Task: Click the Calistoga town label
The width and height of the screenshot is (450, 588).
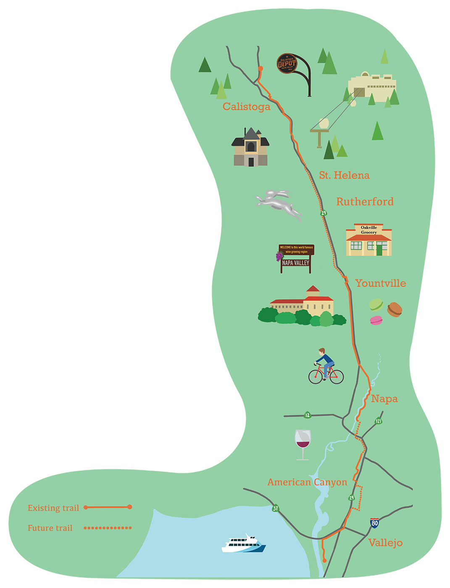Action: tap(246, 107)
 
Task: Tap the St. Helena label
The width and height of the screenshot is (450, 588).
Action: tap(344, 175)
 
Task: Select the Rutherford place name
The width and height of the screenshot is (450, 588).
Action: tap(365, 202)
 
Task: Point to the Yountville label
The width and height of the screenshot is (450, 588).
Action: tap(380, 283)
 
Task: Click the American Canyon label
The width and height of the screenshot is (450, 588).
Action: tap(307, 482)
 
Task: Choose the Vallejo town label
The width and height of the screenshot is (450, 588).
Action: tap(385, 543)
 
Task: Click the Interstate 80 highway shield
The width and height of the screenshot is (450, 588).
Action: tap(374, 523)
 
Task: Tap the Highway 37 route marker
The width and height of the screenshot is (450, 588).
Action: tap(275, 509)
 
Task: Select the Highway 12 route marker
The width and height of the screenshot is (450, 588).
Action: tap(308, 415)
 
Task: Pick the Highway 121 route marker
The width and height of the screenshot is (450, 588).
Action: tap(379, 421)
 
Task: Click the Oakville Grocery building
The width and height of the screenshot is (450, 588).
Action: tap(368, 240)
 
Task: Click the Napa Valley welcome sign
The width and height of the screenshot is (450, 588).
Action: tap(296, 258)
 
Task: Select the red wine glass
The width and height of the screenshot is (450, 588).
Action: tap(303, 444)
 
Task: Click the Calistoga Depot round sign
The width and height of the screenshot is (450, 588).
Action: tap(287, 64)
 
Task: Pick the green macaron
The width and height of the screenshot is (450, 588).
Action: tap(376, 304)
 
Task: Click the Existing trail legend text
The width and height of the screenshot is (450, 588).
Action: tap(53, 508)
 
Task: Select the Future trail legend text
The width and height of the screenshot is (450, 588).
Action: tap(50, 528)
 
